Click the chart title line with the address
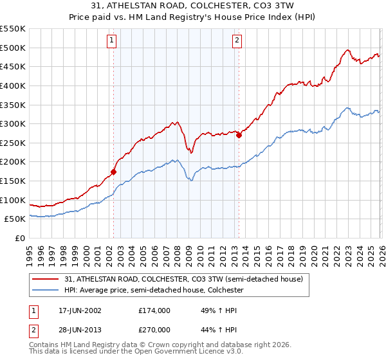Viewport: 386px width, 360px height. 193,7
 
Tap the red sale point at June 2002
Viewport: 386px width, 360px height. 114,172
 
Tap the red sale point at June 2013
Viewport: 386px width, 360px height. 239,135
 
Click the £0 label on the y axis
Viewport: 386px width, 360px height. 19,238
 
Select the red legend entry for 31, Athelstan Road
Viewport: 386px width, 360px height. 188,279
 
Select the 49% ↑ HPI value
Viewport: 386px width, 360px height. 212,310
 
